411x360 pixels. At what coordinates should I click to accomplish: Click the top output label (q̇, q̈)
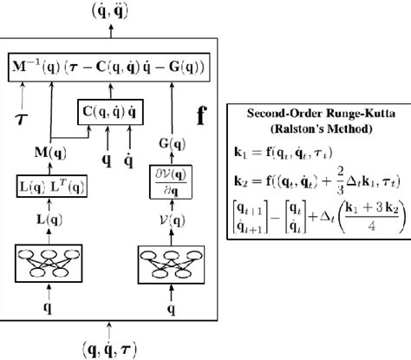(x=112, y=11)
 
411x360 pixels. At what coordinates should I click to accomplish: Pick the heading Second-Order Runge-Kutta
(x=316, y=113)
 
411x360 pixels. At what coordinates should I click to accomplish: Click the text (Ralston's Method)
(x=316, y=128)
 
